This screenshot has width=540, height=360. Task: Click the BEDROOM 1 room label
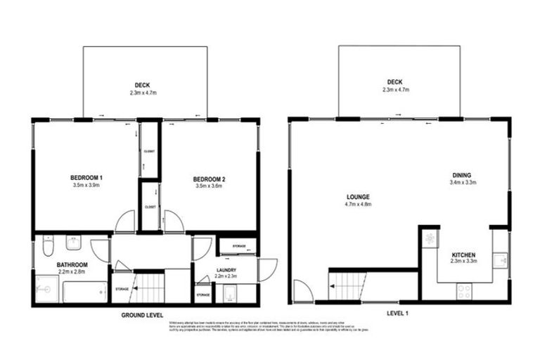click(x=87, y=176)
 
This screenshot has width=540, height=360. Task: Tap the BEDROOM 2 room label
click(x=209, y=179)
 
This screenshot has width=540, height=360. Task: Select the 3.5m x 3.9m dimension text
click(x=87, y=186)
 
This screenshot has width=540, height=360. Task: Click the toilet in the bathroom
click(x=47, y=248)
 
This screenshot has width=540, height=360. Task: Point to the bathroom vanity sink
click(x=73, y=243)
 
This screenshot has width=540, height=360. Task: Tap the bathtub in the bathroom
click(x=85, y=290)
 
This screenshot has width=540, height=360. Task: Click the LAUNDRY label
click(x=226, y=270)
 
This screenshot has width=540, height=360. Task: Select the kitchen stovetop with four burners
click(x=465, y=291)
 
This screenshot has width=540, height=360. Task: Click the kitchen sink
click(x=500, y=261)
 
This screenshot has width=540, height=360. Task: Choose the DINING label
click(x=462, y=175)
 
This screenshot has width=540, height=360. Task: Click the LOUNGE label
click(x=359, y=196)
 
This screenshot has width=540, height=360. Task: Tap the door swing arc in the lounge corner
click(x=303, y=290)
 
